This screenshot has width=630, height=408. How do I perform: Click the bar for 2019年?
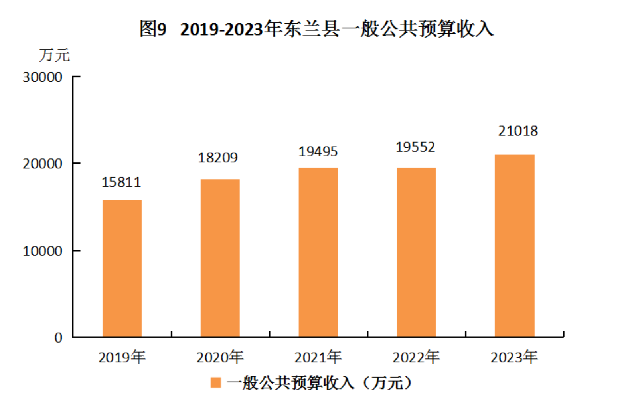click(122, 268)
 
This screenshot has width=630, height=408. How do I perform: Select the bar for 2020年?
click(220, 258)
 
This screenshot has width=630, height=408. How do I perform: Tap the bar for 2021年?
click(318, 252)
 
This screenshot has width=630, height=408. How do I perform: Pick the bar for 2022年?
click(416, 252)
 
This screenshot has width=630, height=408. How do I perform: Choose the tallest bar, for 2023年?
click(514, 246)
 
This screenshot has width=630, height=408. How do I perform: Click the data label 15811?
click(121, 182)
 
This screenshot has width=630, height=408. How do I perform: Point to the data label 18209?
click(218, 158)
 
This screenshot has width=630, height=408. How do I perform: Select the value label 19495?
click(318, 152)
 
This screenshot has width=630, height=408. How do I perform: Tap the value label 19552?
click(415, 147)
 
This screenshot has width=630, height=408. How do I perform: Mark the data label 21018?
click(518, 131)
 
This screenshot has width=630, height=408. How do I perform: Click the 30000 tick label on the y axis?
click(42, 77)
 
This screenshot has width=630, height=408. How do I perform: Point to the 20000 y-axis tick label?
click(42, 164)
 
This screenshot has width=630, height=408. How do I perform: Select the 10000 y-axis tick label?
click(42, 251)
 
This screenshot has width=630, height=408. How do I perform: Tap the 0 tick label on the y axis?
click(58, 338)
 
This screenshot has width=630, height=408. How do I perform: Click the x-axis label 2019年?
click(122, 357)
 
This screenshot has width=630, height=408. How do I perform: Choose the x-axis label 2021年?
click(318, 357)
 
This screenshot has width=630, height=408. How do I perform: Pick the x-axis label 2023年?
click(514, 357)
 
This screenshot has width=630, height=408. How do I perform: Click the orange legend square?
click(215, 383)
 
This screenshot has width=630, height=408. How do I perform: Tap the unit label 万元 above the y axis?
click(54, 55)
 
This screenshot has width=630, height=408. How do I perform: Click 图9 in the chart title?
click(153, 29)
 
